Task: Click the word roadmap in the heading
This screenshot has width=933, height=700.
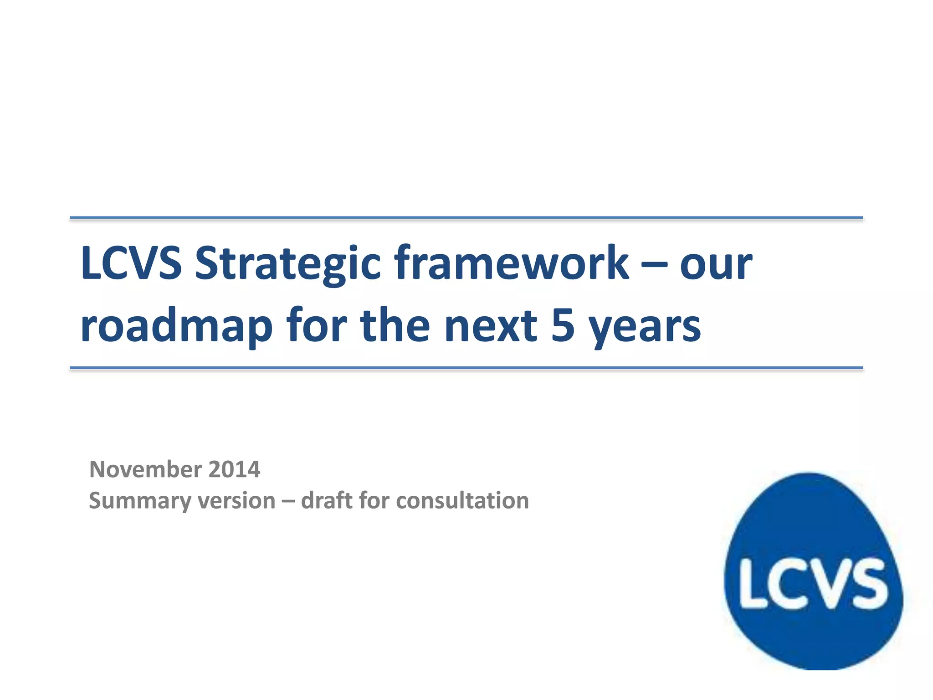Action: [x=176, y=326]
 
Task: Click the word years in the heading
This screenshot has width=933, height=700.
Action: [x=645, y=327]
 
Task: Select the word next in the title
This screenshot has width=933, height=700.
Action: [x=491, y=326]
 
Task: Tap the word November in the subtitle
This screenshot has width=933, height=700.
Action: [x=145, y=469]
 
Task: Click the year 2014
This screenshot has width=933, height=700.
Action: [x=234, y=469]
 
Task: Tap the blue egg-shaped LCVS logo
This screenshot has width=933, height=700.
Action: [x=813, y=538]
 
